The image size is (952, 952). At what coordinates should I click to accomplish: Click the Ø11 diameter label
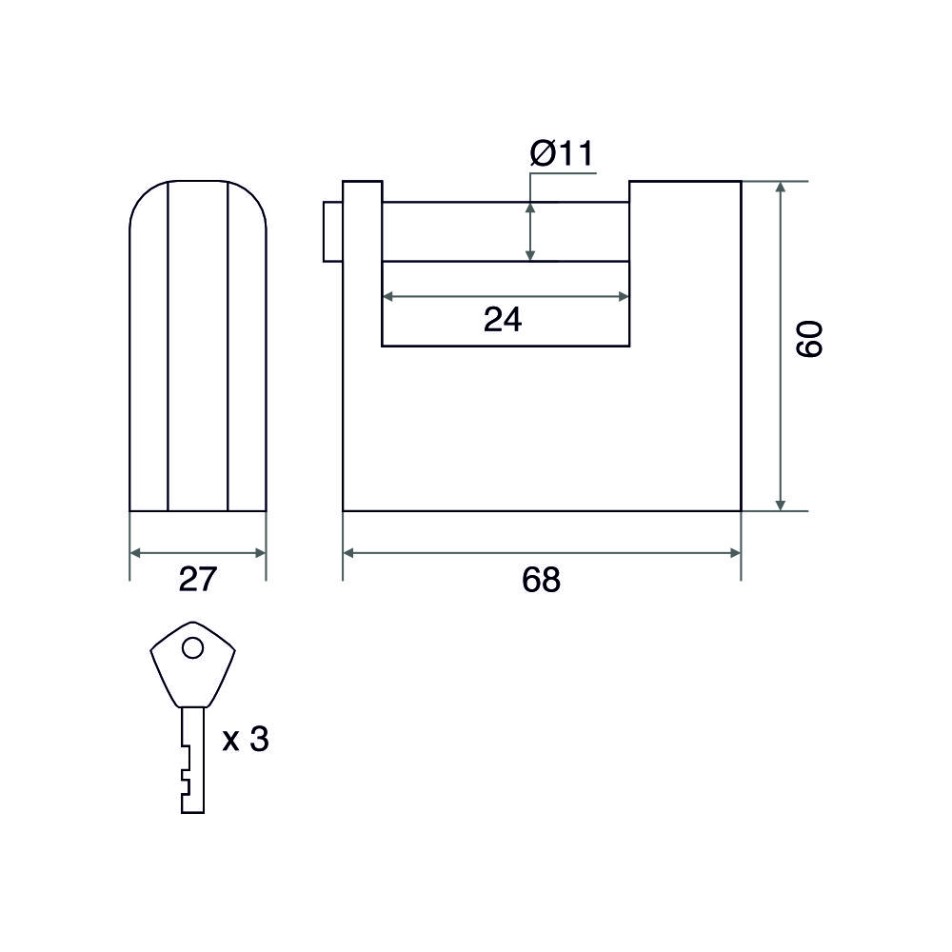click(561, 153)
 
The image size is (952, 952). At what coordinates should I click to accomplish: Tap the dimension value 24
click(503, 319)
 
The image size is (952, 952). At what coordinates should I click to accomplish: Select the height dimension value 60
click(809, 340)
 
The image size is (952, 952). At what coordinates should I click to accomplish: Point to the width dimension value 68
click(541, 580)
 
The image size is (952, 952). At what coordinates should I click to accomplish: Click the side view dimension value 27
click(198, 580)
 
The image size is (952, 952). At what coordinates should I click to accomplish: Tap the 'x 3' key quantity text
click(246, 740)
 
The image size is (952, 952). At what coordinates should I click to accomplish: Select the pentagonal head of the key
click(193, 664)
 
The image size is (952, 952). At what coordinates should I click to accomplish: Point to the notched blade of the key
click(192, 760)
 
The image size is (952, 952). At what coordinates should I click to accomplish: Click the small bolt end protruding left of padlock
click(332, 232)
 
